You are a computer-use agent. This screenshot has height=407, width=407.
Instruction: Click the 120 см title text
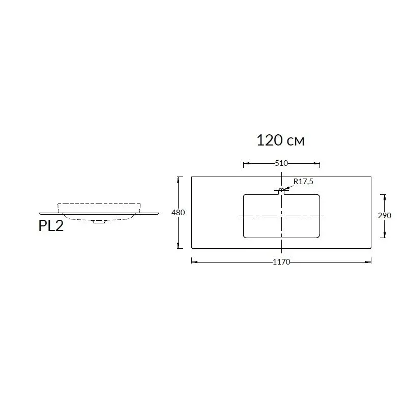pyautogui.click(x=280, y=140)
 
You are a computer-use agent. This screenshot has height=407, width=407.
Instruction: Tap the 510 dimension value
pyautogui.click(x=281, y=163)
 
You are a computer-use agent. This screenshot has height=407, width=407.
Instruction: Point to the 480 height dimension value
pyautogui.click(x=178, y=213)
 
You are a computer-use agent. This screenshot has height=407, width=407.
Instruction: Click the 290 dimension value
pyautogui.click(x=385, y=215)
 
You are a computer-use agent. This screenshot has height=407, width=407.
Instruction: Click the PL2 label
pyautogui.click(x=51, y=226)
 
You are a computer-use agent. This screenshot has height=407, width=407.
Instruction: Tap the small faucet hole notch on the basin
pyautogui.click(x=281, y=191)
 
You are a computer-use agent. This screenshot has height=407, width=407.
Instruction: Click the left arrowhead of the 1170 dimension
pyautogui.click(x=193, y=261)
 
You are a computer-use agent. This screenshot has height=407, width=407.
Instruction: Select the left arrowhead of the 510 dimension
pyautogui.click(x=246, y=163)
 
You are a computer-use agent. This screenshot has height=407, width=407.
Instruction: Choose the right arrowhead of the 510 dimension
pyautogui.click(x=318, y=163)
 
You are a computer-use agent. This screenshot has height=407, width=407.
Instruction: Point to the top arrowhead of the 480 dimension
pyautogui.click(x=178, y=179)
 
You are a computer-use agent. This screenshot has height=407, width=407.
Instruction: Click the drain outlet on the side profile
pyautogui.click(x=99, y=222)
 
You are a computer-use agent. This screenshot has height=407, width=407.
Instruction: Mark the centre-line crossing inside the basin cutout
pyautogui.click(x=281, y=216)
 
